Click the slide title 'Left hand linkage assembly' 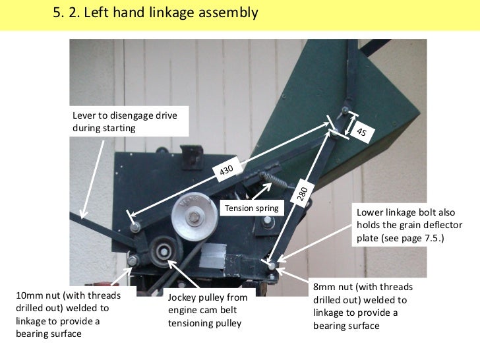point(171,13)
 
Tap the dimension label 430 point(227,169)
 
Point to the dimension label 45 point(361,132)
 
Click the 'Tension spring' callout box point(252,208)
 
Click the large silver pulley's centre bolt point(194,217)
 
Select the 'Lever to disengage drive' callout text point(125,121)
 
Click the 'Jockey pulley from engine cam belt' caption point(208,310)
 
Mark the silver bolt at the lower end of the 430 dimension point(135,227)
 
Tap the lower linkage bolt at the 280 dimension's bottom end point(272,266)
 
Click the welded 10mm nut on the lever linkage point(133,260)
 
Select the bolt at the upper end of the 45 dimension point(345,110)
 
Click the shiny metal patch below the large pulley point(212,256)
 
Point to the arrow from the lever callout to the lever point(92,179)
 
